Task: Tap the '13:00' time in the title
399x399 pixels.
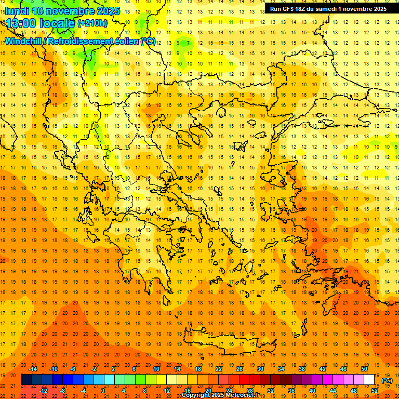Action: click(x=21, y=23)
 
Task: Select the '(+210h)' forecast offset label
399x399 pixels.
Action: click(x=92, y=23)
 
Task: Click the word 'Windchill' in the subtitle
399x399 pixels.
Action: click(x=24, y=41)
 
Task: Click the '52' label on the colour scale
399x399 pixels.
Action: click(x=375, y=391)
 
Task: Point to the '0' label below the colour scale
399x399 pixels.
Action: click(x=103, y=391)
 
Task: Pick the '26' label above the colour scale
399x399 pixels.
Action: click(x=240, y=369)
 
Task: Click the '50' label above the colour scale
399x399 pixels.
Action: click(x=364, y=369)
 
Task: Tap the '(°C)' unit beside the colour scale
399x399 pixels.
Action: click(x=387, y=380)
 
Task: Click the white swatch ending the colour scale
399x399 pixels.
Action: click(x=369, y=380)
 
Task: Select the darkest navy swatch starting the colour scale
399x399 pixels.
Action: click(x=26, y=380)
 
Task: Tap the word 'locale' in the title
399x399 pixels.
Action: click(x=56, y=23)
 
